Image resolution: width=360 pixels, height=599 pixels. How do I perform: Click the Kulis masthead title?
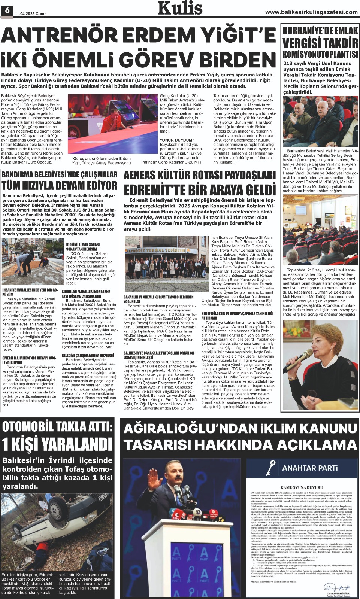pyautogui.click(x=180, y=8)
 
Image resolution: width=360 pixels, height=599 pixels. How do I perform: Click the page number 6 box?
pyautogui.click(x=6, y=11)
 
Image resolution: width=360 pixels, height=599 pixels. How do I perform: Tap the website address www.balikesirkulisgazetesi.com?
pyautogui.click(x=311, y=12)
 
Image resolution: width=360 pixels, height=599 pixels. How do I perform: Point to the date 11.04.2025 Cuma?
pyautogui.click(x=30, y=13)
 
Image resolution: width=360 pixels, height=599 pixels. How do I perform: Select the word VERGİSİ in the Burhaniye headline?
pyautogui.click(x=305, y=43)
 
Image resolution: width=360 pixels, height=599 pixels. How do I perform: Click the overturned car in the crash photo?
pyautogui.click(x=52, y=524)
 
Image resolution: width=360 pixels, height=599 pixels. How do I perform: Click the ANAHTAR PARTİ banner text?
pyautogui.click(x=310, y=468)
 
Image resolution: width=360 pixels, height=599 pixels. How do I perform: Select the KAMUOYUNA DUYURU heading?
pyautogui.click(x=302, y=488)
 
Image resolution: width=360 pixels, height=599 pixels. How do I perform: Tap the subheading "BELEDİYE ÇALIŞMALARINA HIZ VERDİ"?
pyautogui.click(x=88, y=355)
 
